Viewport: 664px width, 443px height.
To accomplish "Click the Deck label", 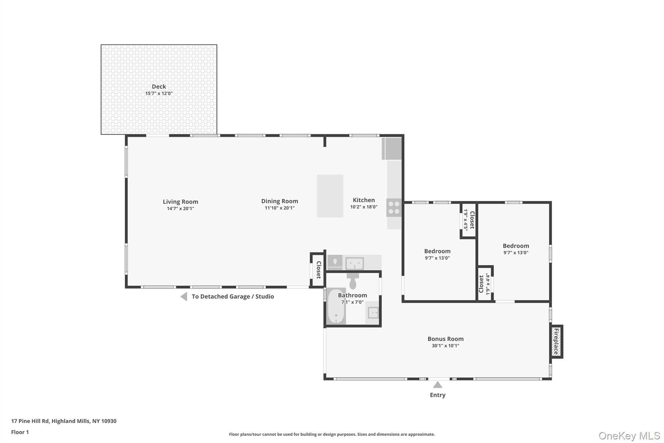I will [159, 86].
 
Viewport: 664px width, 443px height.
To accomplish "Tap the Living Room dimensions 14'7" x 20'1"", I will [180, 209].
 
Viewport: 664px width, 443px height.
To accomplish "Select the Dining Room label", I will [279, 201].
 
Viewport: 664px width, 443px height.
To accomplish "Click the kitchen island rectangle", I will [330, 196].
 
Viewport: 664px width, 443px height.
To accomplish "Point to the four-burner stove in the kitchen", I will [394, 208].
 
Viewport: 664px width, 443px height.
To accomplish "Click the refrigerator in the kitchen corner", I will [392, 149].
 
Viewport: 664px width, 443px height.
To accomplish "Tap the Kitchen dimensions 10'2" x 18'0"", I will [364, 207].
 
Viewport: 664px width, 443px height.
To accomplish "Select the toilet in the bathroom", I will [353, 281].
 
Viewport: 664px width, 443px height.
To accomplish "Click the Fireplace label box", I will [556, 341].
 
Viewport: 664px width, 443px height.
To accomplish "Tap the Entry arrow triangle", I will [438, 385].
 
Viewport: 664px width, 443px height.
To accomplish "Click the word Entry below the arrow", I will [438, 395].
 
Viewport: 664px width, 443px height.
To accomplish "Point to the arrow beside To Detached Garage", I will [184, 296].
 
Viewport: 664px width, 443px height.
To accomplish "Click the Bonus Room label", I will [445, 339].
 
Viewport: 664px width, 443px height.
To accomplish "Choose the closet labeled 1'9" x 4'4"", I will [484, 284].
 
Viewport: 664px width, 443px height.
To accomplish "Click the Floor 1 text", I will [20, 432].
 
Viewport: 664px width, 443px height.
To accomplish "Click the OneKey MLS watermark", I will [629, 436].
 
